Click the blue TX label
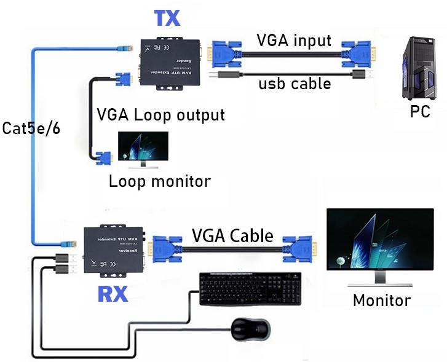click(x=167, y=18)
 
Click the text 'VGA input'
click(x=293, y=41)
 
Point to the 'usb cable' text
click(x=295, y=82)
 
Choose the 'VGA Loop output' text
click(x=161, y=115)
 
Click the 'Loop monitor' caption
click(x=159, y=181)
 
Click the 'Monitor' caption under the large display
click(x=381, y=300)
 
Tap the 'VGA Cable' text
click(x=232, y=235)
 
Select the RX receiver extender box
click(x=114, y=252)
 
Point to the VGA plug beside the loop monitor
click(x=104, y=159)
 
